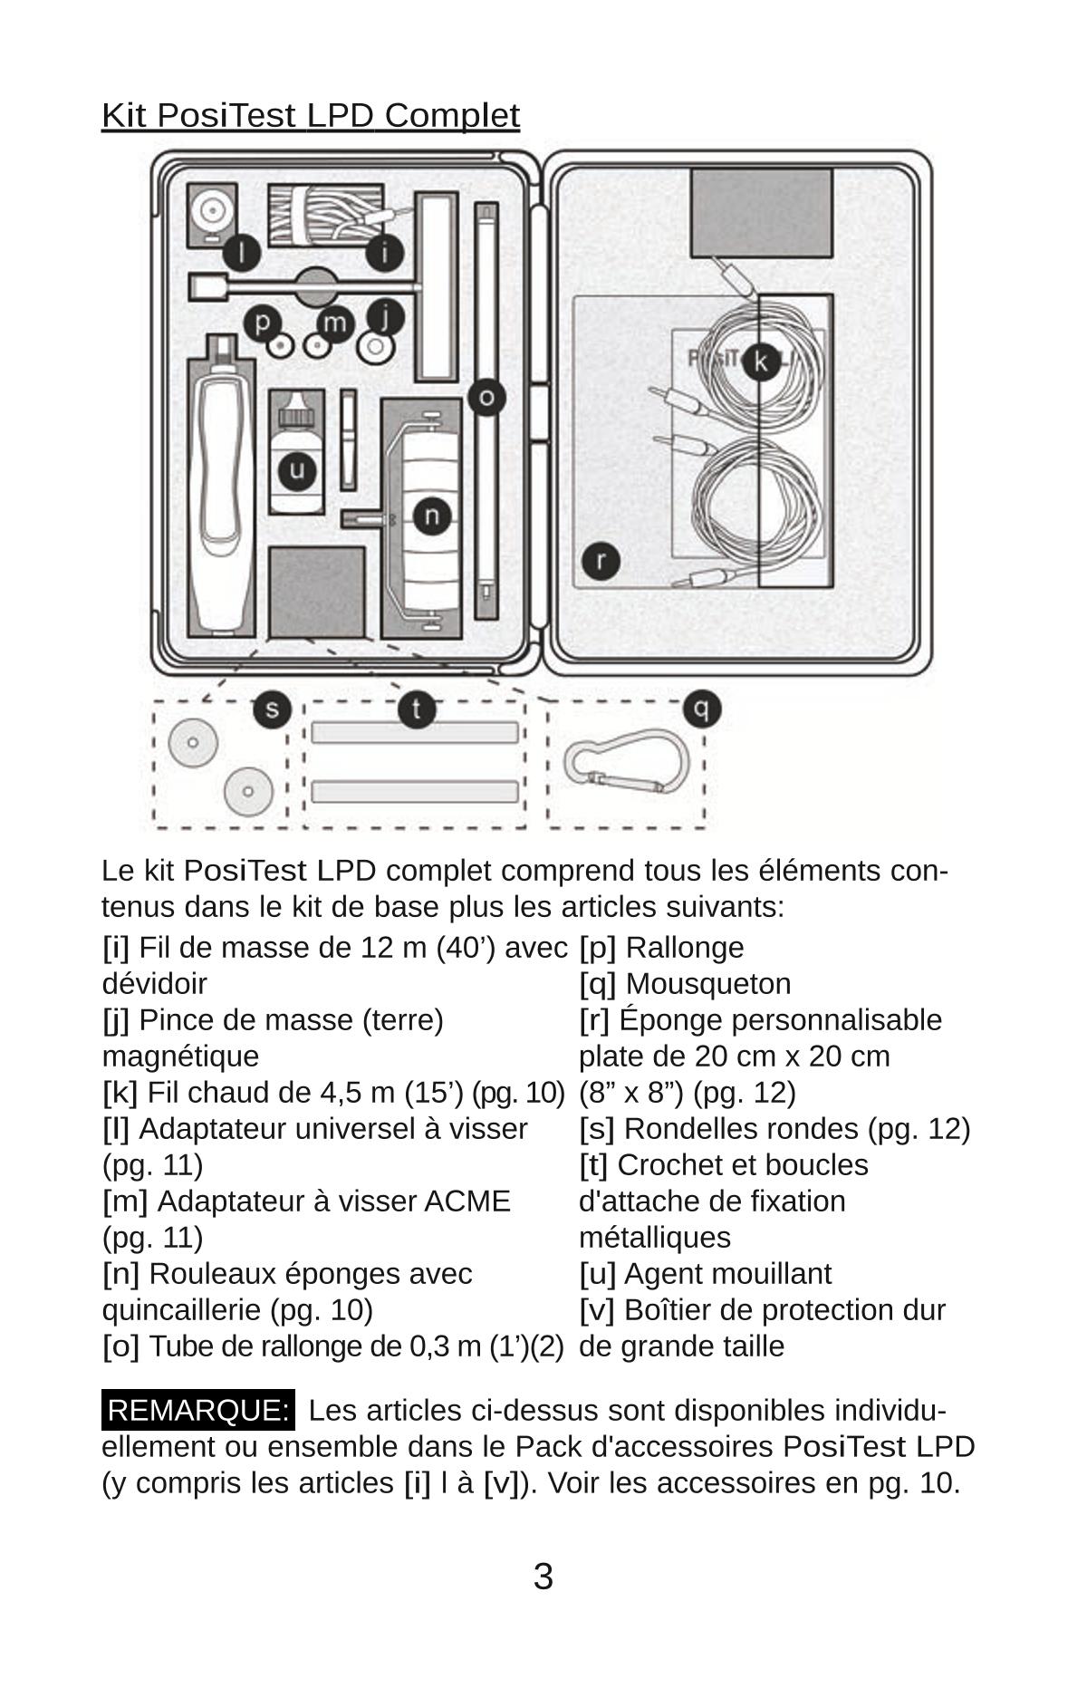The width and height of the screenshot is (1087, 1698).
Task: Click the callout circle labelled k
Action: click(x=761, y=362)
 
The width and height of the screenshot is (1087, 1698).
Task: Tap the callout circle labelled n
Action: click(x=432, y=516)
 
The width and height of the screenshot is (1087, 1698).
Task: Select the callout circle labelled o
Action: click(x=486, y=397)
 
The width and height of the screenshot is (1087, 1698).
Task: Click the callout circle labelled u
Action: click(x=296, y=470)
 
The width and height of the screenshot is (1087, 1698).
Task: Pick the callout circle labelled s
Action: click(x=272, y=709)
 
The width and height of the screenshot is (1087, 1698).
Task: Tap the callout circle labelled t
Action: click(x=417, y=709)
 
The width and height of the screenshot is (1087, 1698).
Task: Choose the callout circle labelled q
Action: click(x=702, y=709)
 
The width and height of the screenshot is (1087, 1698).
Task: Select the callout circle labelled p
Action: click(x=263, y=322)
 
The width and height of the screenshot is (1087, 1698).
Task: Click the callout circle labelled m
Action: click(x=334, y=323)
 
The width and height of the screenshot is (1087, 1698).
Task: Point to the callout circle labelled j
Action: click(x=385, y=316)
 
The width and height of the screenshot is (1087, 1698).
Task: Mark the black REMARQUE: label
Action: click(x=197, y=1410)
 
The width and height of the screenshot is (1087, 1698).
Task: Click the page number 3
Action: click(x=543, y=1577)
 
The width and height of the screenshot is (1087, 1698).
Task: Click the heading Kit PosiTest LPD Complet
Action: click(x=310, y=116)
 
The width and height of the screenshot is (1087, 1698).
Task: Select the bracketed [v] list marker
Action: click(x=596, y=1309)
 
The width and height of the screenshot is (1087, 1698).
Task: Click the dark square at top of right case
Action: click(x=761, y=213)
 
